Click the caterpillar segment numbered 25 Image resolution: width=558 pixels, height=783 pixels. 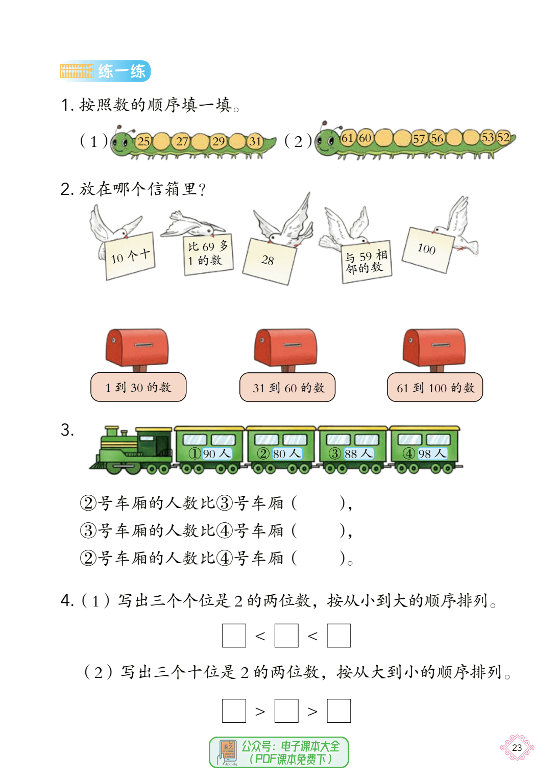pyautogui.click(x=143, y=141)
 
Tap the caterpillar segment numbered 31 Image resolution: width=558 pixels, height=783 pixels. pyautogui.click(x=255, y=141)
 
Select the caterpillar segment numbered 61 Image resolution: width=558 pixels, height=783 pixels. pyautogui.click(x=347, y=138)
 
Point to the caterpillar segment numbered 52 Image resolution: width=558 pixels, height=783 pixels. pyautogui.click(x=504, y=137)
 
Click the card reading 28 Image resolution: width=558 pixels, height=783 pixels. pyautogui.click(x=270, y=261)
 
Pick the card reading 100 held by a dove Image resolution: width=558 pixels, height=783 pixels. pyautogui.click(x=428, y=249)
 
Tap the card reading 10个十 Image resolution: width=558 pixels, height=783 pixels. pyautogui.click(x=130, y=256)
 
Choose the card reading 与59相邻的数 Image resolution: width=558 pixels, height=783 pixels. pyautogui.click(x=366, y=262)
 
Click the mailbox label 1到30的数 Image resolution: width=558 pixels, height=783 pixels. pyautogui.click(x=138, y=387)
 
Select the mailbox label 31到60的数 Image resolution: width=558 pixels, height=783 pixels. pyautogui.click(x=287, y=387)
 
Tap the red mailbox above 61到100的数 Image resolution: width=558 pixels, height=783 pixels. pyautogui.click(x=434, y=347)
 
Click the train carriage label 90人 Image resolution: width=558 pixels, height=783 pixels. pyautogui.click(x=217, y=453)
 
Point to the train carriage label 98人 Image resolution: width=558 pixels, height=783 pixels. pyautogui.click(x=432, y=453)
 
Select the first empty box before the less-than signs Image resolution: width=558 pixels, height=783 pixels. pyautogui.click(x=234, y=636)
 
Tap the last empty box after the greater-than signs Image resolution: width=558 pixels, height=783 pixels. pyautogui.click(x=338, y=711)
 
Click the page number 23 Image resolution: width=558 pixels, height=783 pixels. pyautogui.click(x=517, y=747)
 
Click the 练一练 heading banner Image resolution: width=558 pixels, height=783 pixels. pyautogui.click(x=105, y=71)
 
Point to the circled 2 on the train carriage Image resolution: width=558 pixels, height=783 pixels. pyautogui.click(x=263, y=453)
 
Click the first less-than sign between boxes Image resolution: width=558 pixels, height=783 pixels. pyautogui.click(x=260, y=636)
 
